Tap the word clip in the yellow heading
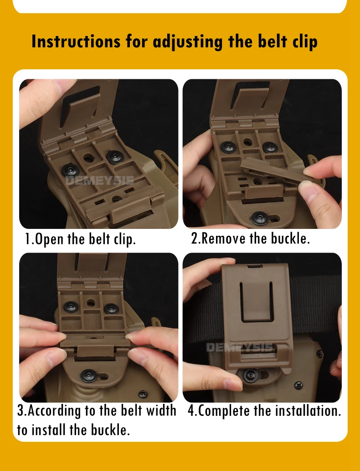[305, 42]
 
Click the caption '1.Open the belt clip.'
[80, 239]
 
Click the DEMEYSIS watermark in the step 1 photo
[99, 181]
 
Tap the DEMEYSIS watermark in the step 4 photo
[240, 347]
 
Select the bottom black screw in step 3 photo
[89, 376]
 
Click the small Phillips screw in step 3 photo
[143, 393]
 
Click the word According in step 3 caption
[54, 411]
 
